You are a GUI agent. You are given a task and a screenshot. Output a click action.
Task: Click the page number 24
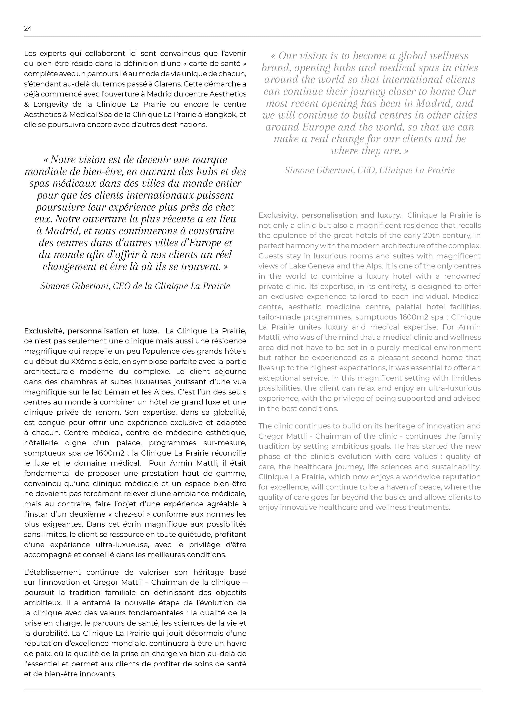coord(28,28)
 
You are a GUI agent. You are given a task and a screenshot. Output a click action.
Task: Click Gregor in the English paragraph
coord(270,436)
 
